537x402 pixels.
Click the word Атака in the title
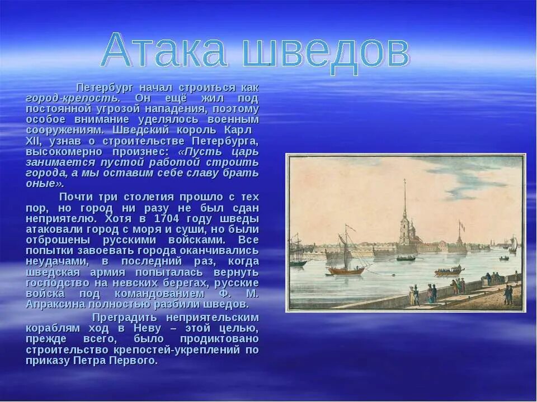point(165,52)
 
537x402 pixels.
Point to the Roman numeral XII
point(33,141)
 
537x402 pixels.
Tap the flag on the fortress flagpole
point(461,226)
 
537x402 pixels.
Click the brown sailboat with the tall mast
point(346,262)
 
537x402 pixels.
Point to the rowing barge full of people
point(449,271)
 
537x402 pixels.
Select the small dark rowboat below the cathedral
point(406,259)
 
